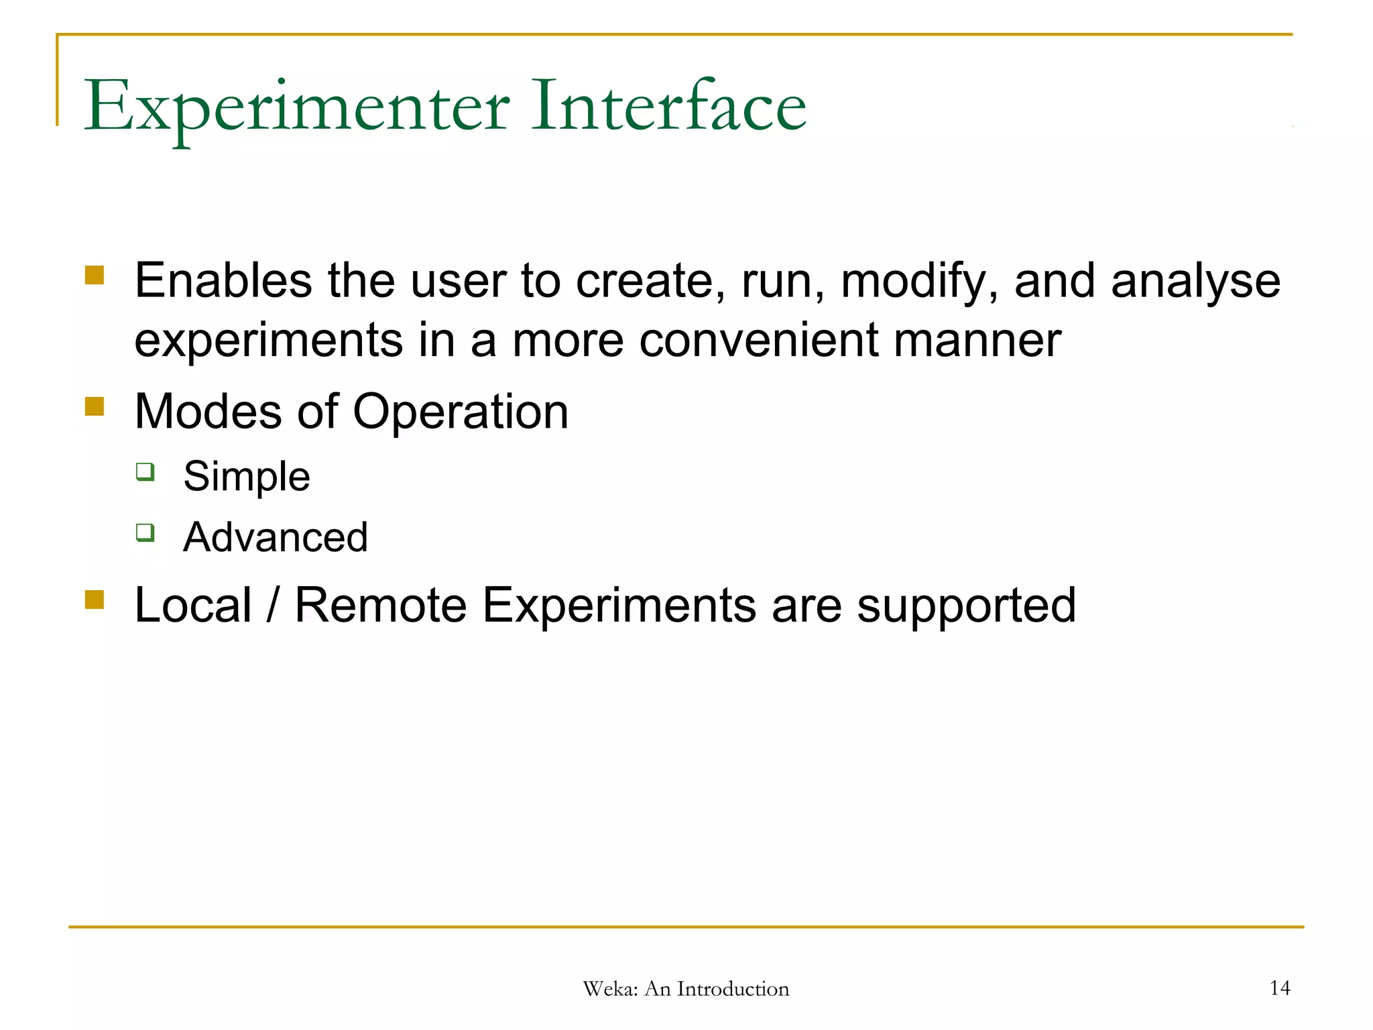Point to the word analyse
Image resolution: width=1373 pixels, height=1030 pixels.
[x=1195, y=282]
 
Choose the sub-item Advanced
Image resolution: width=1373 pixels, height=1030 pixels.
[x=276, y=537]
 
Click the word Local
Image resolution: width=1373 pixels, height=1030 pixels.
[x=193, y=606]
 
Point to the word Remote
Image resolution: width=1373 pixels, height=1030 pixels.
[x=380, y=606]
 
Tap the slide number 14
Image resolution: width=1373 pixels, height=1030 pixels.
[x=1279, y=988]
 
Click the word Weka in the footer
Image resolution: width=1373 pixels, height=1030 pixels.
[x=609, y=989]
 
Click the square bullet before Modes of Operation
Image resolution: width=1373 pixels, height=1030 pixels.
[x=95, y=406]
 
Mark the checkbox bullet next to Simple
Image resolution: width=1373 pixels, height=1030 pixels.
[x=145, y=471]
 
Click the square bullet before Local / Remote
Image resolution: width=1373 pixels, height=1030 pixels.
[x=95, y=599]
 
